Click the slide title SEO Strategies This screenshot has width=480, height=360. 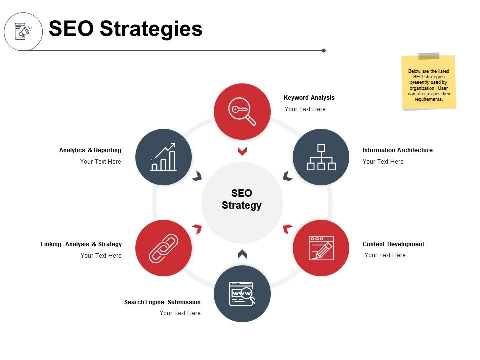[126, 29]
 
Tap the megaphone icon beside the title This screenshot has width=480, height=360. [23, 31]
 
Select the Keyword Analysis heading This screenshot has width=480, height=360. [309, 98]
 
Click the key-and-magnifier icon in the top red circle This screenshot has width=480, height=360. [242, 111]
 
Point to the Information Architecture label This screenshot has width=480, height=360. [397, 150]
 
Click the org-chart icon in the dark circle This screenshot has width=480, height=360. [321, 157]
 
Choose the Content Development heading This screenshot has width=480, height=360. [393, 244]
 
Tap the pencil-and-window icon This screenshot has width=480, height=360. [321, 248]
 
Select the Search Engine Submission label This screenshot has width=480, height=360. [162, 302]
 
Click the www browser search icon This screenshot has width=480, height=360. [242, 294]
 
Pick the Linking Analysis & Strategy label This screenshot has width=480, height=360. [81, 244]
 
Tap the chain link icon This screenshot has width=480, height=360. [164, 248]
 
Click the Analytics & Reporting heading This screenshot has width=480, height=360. [90, 150]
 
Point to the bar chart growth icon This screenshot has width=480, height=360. [164, 157]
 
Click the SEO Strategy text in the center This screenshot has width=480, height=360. [242, 199]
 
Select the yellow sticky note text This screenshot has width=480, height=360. [429, 85]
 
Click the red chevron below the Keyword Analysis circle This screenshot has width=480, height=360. [242, 151]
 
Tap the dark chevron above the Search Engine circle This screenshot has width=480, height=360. [242, 254]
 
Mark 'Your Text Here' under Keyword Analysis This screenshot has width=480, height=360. [305, 109]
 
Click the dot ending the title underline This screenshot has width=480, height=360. [324, 51]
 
